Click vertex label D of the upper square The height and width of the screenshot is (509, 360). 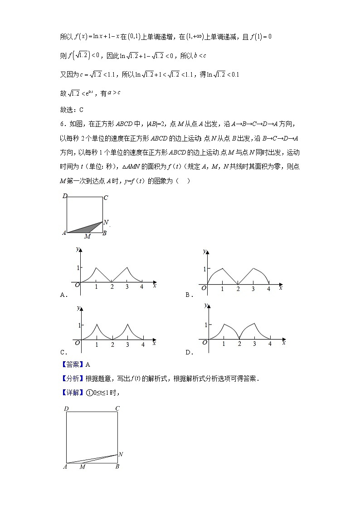(x=65, y=196)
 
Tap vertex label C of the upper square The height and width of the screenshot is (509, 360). (x=105, y=198)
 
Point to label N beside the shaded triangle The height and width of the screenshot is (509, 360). (x=106, y=222)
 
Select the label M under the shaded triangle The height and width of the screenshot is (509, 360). (x=87, y=237)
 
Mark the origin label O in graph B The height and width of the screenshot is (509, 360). (x=204, y=287)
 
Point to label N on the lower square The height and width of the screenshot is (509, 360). (x=121, y=454)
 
